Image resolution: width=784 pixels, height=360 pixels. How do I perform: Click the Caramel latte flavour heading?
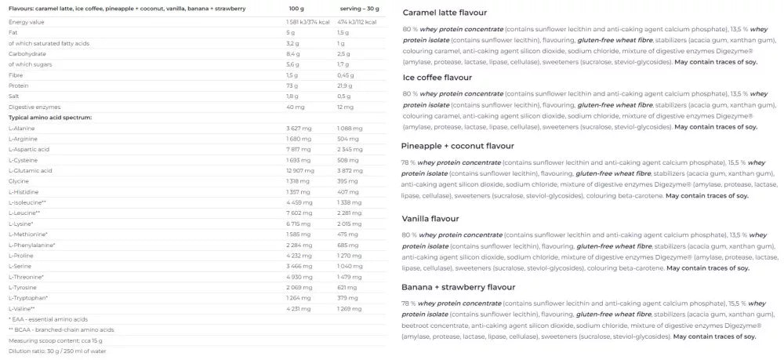coord(444,13)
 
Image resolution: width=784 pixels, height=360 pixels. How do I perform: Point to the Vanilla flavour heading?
coord(431,218)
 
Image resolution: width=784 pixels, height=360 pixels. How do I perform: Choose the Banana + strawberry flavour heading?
coord(459,286)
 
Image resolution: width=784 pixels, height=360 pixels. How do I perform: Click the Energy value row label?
coord(27,22)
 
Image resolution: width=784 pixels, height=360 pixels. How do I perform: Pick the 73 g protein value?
coord(292,85)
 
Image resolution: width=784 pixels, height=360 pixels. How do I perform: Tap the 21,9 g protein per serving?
coord(345,85)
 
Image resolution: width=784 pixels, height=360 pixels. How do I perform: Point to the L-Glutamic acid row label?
coord(31,170)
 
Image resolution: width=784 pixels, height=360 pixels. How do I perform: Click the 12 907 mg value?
coord(300,170)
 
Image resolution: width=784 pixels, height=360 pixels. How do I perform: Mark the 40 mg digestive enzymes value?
coord(295,107)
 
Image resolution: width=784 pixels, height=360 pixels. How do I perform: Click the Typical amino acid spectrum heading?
coord(50,117)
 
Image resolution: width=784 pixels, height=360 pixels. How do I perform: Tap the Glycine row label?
coord(19,180)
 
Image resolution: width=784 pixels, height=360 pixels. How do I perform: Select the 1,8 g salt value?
coord(293,96)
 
